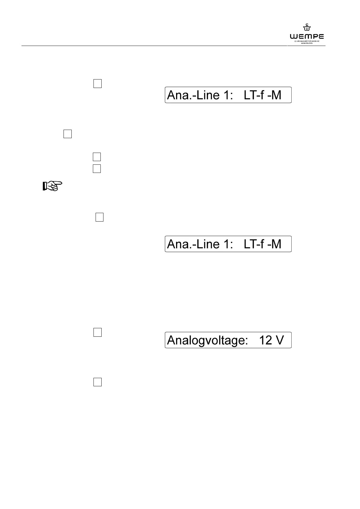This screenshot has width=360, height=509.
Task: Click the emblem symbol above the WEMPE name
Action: [x=307, y=28]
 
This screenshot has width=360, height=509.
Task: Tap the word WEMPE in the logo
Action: [x=307, y=37]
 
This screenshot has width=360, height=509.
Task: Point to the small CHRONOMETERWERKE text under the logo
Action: [x=307, y=41]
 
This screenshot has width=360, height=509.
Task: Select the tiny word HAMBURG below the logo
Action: [x=307, y=43]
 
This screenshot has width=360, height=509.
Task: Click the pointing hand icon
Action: [x=52, y=186]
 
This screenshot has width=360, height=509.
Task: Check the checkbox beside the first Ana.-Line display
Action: [x=97, y=83]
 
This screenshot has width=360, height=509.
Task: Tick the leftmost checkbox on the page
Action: [x=68, y=134]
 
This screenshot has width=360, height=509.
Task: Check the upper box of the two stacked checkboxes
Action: [x=97, y=157]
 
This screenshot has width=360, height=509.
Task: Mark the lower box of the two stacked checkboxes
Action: [x=97, y=168]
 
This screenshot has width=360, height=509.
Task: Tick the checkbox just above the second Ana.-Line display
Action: [x=100, y=217]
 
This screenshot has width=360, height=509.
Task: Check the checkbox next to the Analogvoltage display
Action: [x=97, y=332]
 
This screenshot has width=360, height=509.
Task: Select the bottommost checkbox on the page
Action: [x=97, y=382]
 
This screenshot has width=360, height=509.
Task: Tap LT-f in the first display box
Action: [x=254, y=95]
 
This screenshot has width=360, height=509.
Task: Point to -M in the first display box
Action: [x=274, y=95]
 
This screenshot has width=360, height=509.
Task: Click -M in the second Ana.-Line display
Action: [x=274, y=244]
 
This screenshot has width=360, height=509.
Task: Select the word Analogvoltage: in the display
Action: [x=208, y=341]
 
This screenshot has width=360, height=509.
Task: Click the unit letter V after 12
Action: [x=280, y=340]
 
